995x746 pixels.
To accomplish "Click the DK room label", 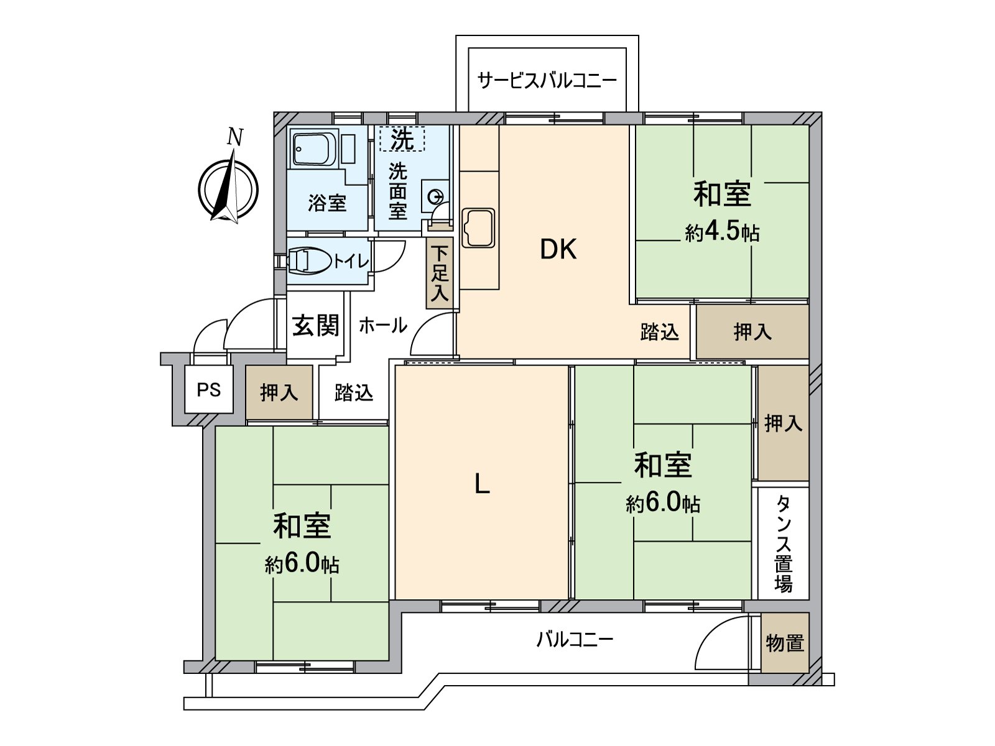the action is click(558, 249).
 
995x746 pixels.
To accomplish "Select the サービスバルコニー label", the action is click(547, 81).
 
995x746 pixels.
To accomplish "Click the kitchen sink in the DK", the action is click(478, 228).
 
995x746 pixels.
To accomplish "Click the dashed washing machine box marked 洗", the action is click(402, 139).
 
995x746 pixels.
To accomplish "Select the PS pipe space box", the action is click(209, 389).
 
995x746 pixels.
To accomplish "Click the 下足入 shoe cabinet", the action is click(439, 273).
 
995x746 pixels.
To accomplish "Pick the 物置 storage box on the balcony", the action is click(785, 643).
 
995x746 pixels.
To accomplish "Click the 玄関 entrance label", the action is click(315, 326).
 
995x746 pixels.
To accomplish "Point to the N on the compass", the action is click(235, 137).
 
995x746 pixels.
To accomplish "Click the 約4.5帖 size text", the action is click(722, 233).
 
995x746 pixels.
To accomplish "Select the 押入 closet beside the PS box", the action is click(279, 392).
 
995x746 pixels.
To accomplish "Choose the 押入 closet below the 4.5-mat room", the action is click(752, 331).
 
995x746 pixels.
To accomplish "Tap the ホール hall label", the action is click(383, 325).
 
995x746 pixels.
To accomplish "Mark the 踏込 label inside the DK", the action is click(660, 331).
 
